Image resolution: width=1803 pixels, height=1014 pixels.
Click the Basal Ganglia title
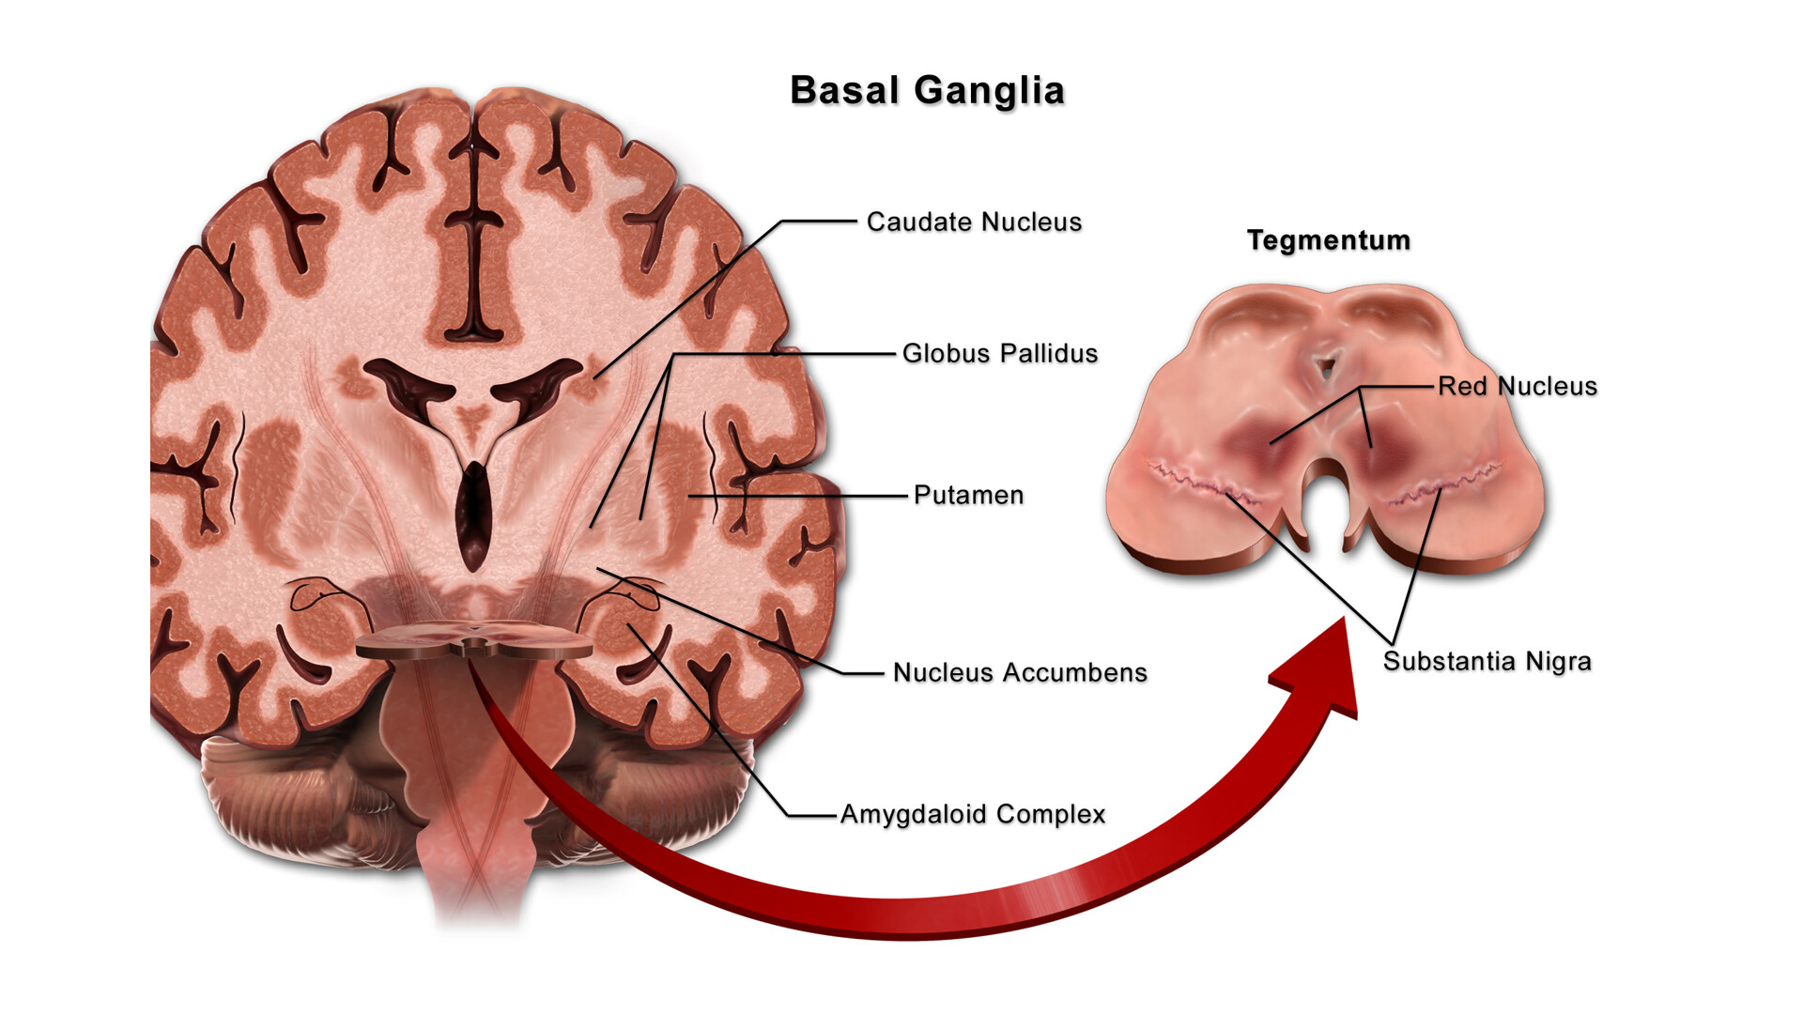click(927, 91)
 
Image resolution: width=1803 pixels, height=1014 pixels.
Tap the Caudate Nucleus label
click(974, 223)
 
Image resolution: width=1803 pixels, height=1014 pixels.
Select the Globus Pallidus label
click(999, 354)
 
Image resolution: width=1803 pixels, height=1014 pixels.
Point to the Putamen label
click(968, 495)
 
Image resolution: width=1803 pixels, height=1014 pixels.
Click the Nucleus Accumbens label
click(1020, 672)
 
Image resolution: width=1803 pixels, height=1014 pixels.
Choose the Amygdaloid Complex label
click(973, 814)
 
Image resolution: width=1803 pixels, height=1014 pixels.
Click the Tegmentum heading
click(1328, 240)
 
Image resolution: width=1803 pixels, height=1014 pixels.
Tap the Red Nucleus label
click(1517, 386)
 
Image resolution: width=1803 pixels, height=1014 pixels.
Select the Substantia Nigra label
click(1487, 661)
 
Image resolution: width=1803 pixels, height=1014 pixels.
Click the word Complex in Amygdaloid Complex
click(1051, 814)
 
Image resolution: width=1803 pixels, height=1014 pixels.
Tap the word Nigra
click(1558, 661)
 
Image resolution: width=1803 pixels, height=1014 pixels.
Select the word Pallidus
click(1048, 354)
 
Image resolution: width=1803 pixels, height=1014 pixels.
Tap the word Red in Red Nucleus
click(1462, 386)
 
